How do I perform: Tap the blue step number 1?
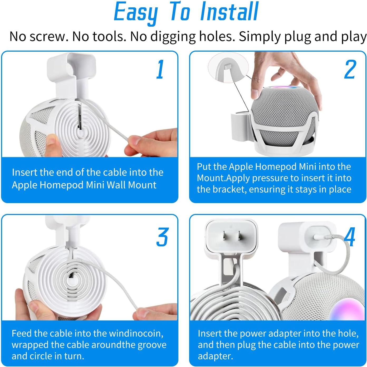pos(160,70)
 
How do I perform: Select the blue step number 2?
pos(350,70)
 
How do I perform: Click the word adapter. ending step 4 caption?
pos(215,356)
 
